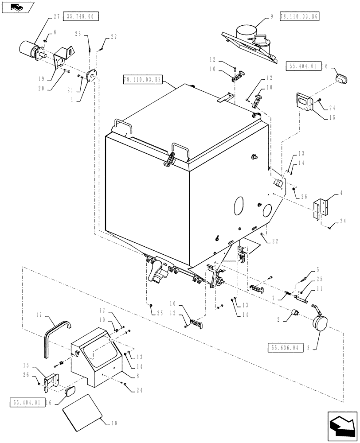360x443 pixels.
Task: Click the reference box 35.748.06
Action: point(81,16)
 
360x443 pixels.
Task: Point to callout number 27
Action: point(56,16)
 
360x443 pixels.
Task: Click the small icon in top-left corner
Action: point(17,7)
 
